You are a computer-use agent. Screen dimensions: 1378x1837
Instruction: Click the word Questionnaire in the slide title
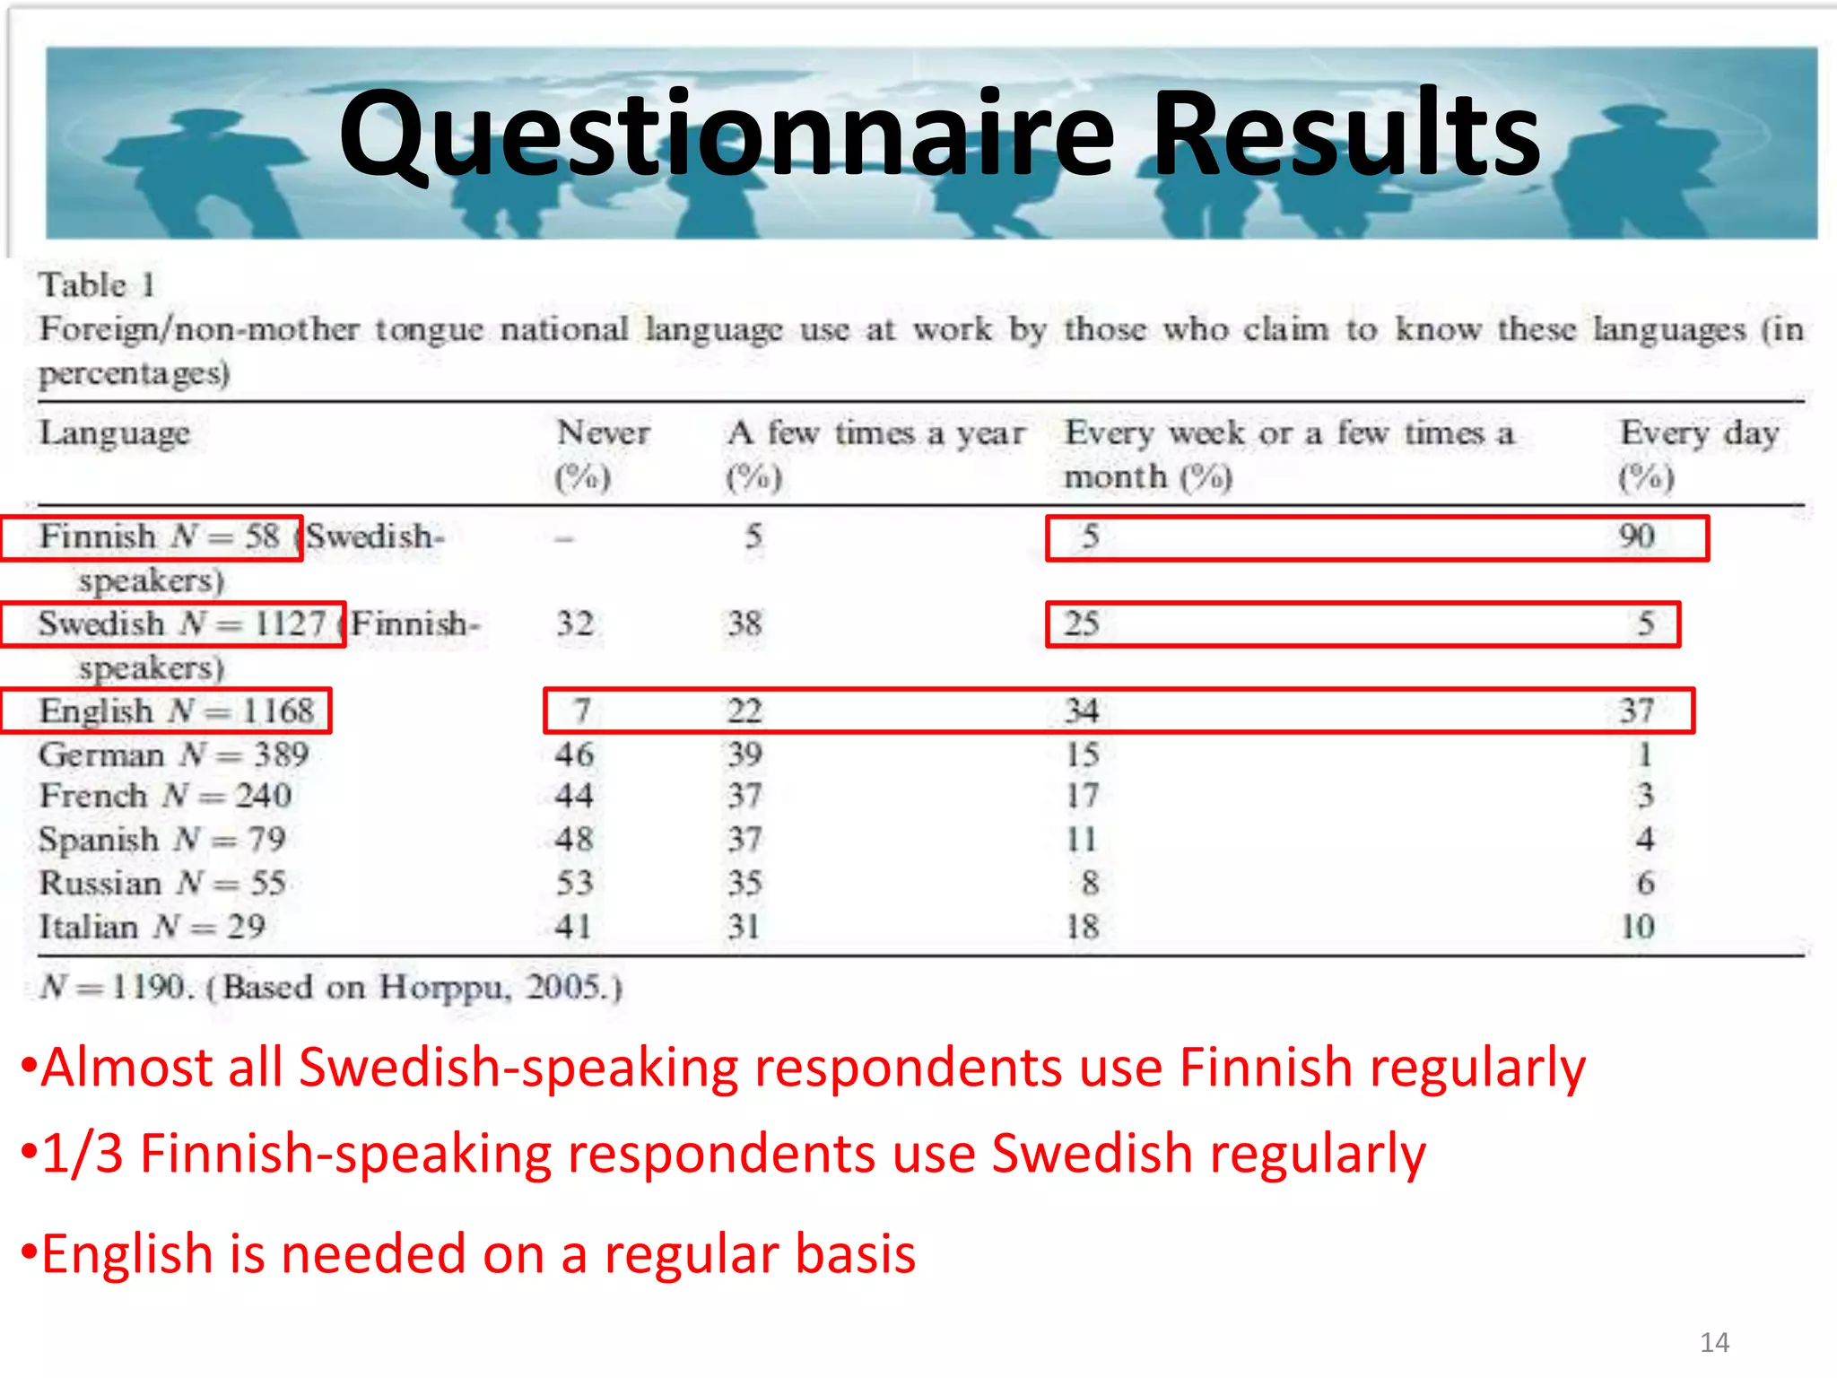727,135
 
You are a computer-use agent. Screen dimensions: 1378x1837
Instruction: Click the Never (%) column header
602,454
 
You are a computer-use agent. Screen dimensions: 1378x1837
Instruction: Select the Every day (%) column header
1698,454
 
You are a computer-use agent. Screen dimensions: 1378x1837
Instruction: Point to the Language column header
114,434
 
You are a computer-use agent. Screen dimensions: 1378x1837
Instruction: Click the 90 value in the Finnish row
1636,537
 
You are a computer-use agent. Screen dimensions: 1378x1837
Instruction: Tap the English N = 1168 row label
176,711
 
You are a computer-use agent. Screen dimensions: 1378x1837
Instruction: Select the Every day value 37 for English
1636,711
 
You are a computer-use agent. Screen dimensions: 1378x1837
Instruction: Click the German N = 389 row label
173,754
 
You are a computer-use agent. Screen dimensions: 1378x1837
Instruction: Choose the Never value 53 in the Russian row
575,884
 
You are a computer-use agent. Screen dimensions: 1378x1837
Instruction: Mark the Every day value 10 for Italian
1637,927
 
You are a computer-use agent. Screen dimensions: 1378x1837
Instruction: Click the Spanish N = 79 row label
161,840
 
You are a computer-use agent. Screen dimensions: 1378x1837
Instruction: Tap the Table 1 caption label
97,285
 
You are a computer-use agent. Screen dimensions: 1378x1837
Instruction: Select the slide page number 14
1714,1342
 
